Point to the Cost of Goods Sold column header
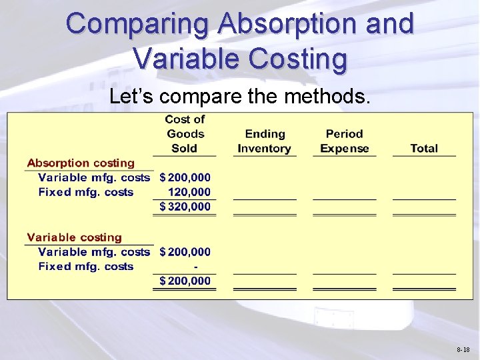(x=185, y=134)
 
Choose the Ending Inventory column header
(x=265, y=141)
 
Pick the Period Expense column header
(x=345, y=141)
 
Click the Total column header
(x=424, y=149)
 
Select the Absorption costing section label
(x=81, y=163)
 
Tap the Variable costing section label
(x=75, y=237)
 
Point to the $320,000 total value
(x=185, y=207)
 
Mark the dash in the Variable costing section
(x=195, y=267)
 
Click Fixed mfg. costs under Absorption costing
(x=86, y=192)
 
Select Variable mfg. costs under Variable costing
(x=94, y=252)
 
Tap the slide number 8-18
(x=463, y=349)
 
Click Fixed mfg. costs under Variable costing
(x=86, y=267)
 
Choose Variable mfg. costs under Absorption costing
(x=94, y=177)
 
